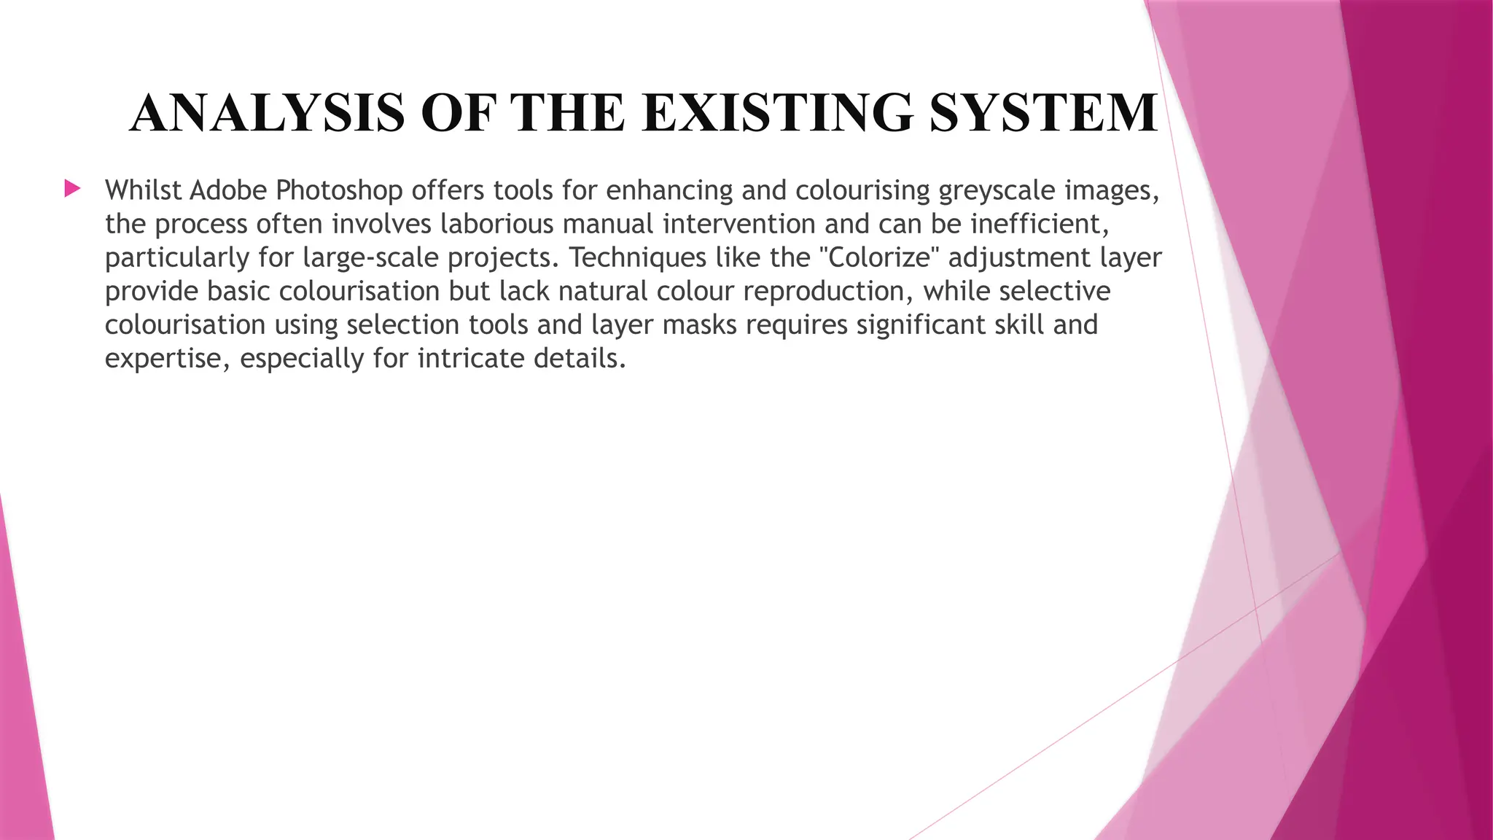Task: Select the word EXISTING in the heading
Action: coord(777,113)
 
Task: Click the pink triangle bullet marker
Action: coord(72,190)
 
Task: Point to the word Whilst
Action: coord(143,190)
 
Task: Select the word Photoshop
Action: coord(339,190)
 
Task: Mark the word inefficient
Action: coord(1040,224)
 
